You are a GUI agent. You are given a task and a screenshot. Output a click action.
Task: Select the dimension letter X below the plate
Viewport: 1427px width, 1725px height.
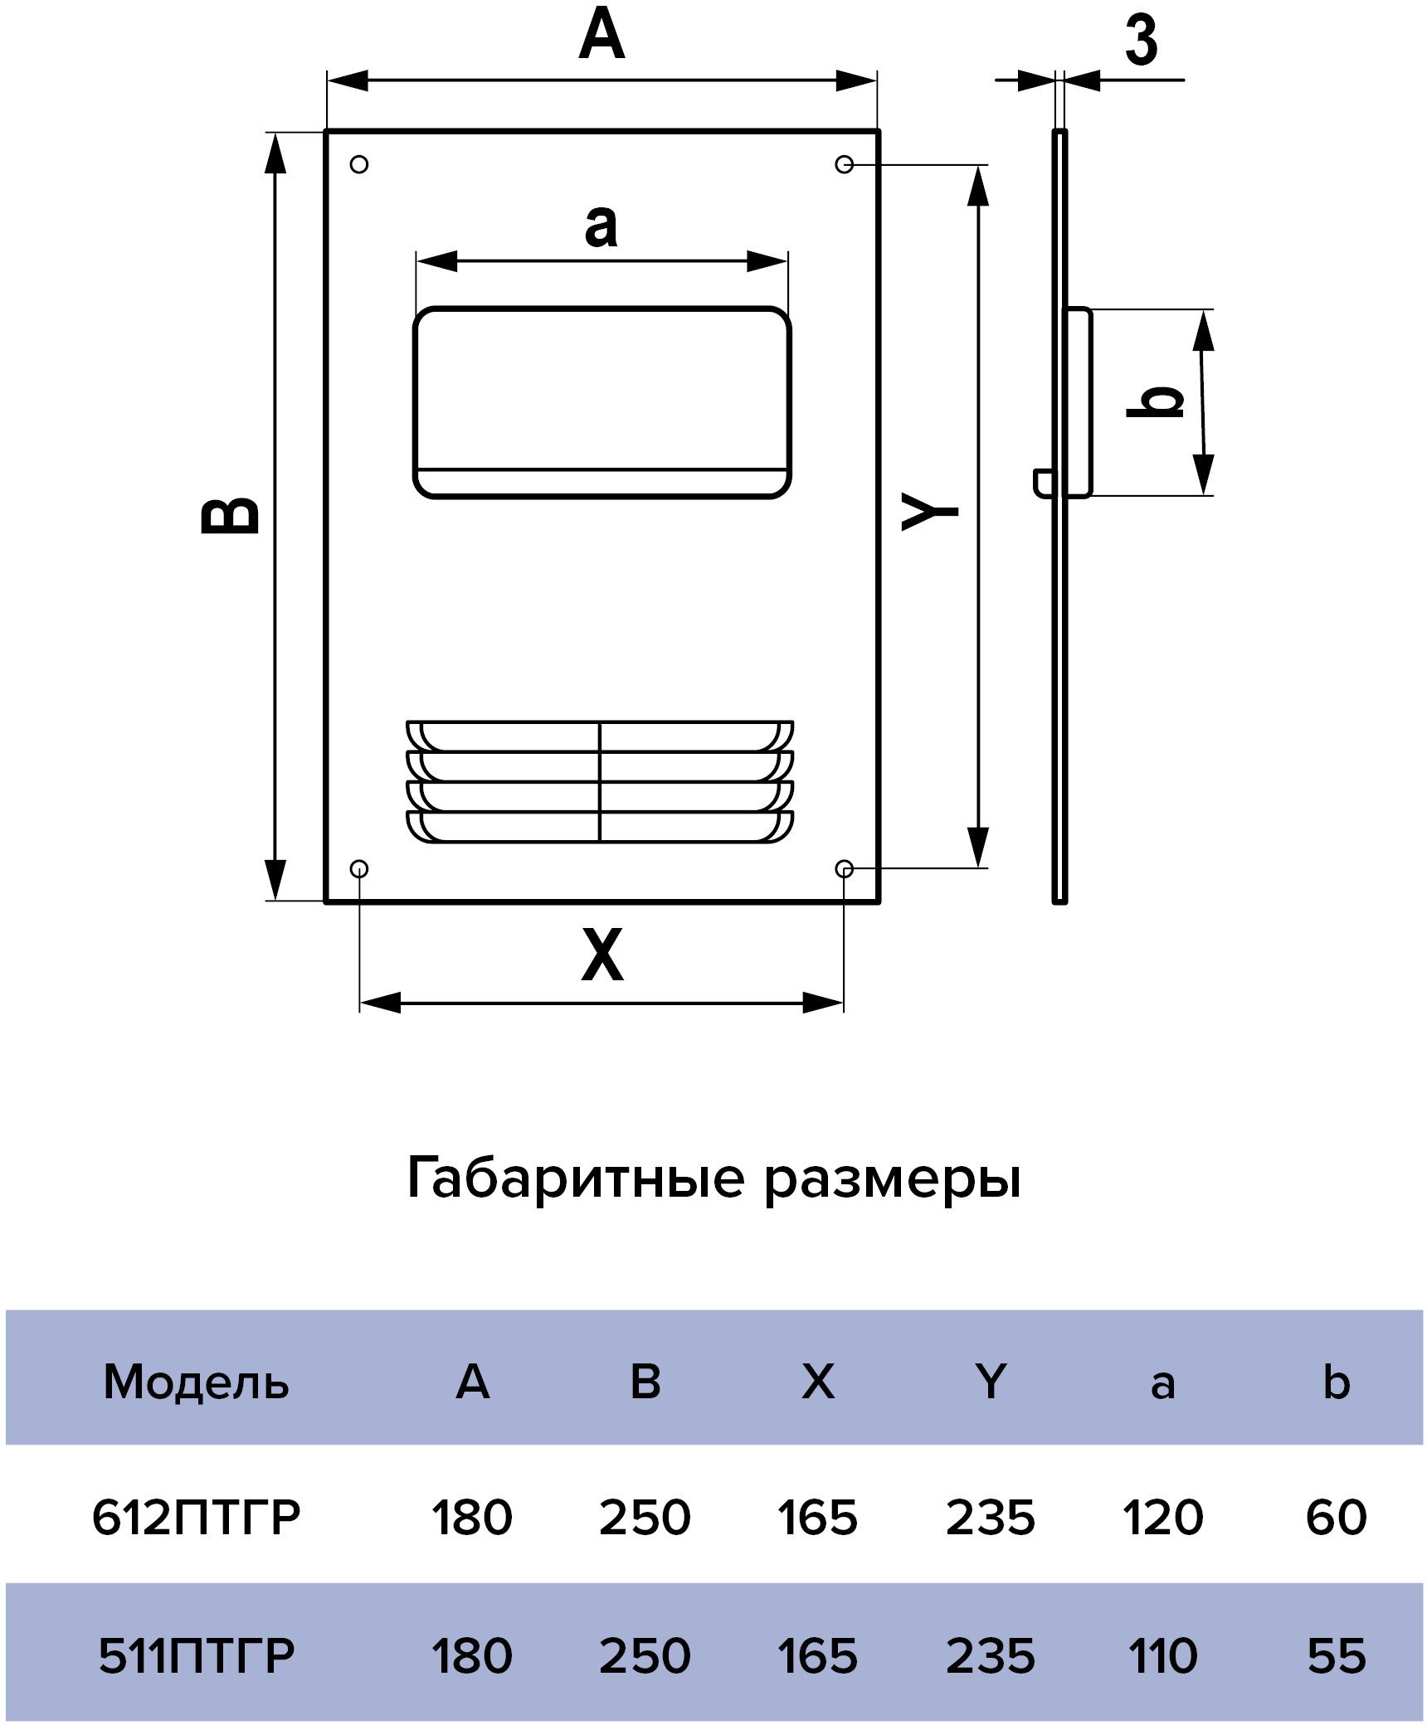(x=601, y=955)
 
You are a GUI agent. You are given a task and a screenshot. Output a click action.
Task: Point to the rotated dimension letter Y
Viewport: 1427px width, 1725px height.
(x=930, y=512)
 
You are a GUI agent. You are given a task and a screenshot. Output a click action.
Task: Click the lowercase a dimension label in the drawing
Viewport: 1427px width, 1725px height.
(x=601, y=226)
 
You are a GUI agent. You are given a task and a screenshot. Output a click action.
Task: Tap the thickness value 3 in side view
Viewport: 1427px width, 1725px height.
(x=1141, y=41)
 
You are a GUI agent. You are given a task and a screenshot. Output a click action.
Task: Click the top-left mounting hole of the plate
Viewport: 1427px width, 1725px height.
(x=359, y=164)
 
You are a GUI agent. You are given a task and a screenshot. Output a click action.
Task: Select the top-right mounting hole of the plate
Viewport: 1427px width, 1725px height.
(x=844, y=164)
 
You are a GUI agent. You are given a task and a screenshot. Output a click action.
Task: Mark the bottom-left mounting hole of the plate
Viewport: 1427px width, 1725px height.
(x=359, y=868)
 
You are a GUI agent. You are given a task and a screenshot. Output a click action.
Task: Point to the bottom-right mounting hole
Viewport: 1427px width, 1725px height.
(x=844, y=868)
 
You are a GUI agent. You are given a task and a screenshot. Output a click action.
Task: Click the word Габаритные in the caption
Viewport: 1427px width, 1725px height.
(x=576, y=1178)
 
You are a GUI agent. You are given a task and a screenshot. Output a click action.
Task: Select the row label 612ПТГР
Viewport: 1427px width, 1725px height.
(x=196, y=1518)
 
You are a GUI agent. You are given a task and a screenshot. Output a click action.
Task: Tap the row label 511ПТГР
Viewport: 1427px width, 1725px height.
(x=197, y=1656)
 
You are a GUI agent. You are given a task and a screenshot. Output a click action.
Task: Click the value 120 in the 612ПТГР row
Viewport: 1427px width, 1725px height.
(x=1162, y=1518)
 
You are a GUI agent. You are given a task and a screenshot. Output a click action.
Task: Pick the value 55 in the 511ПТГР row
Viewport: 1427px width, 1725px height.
(x=1336, y=1656)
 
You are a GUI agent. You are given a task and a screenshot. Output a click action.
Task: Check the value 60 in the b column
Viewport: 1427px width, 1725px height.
(x=1336, y=1518)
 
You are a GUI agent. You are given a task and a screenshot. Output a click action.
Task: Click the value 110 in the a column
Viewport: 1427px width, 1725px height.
(x=1162, y=1656)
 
